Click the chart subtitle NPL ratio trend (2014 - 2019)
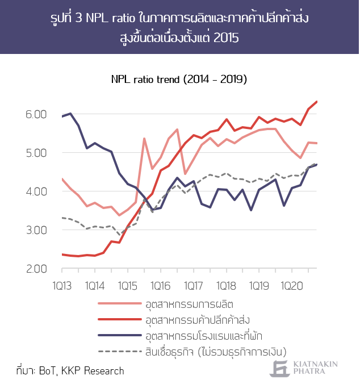click(179, 79)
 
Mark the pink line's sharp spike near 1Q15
click(144, 138)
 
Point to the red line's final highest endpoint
click(316, 102)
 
